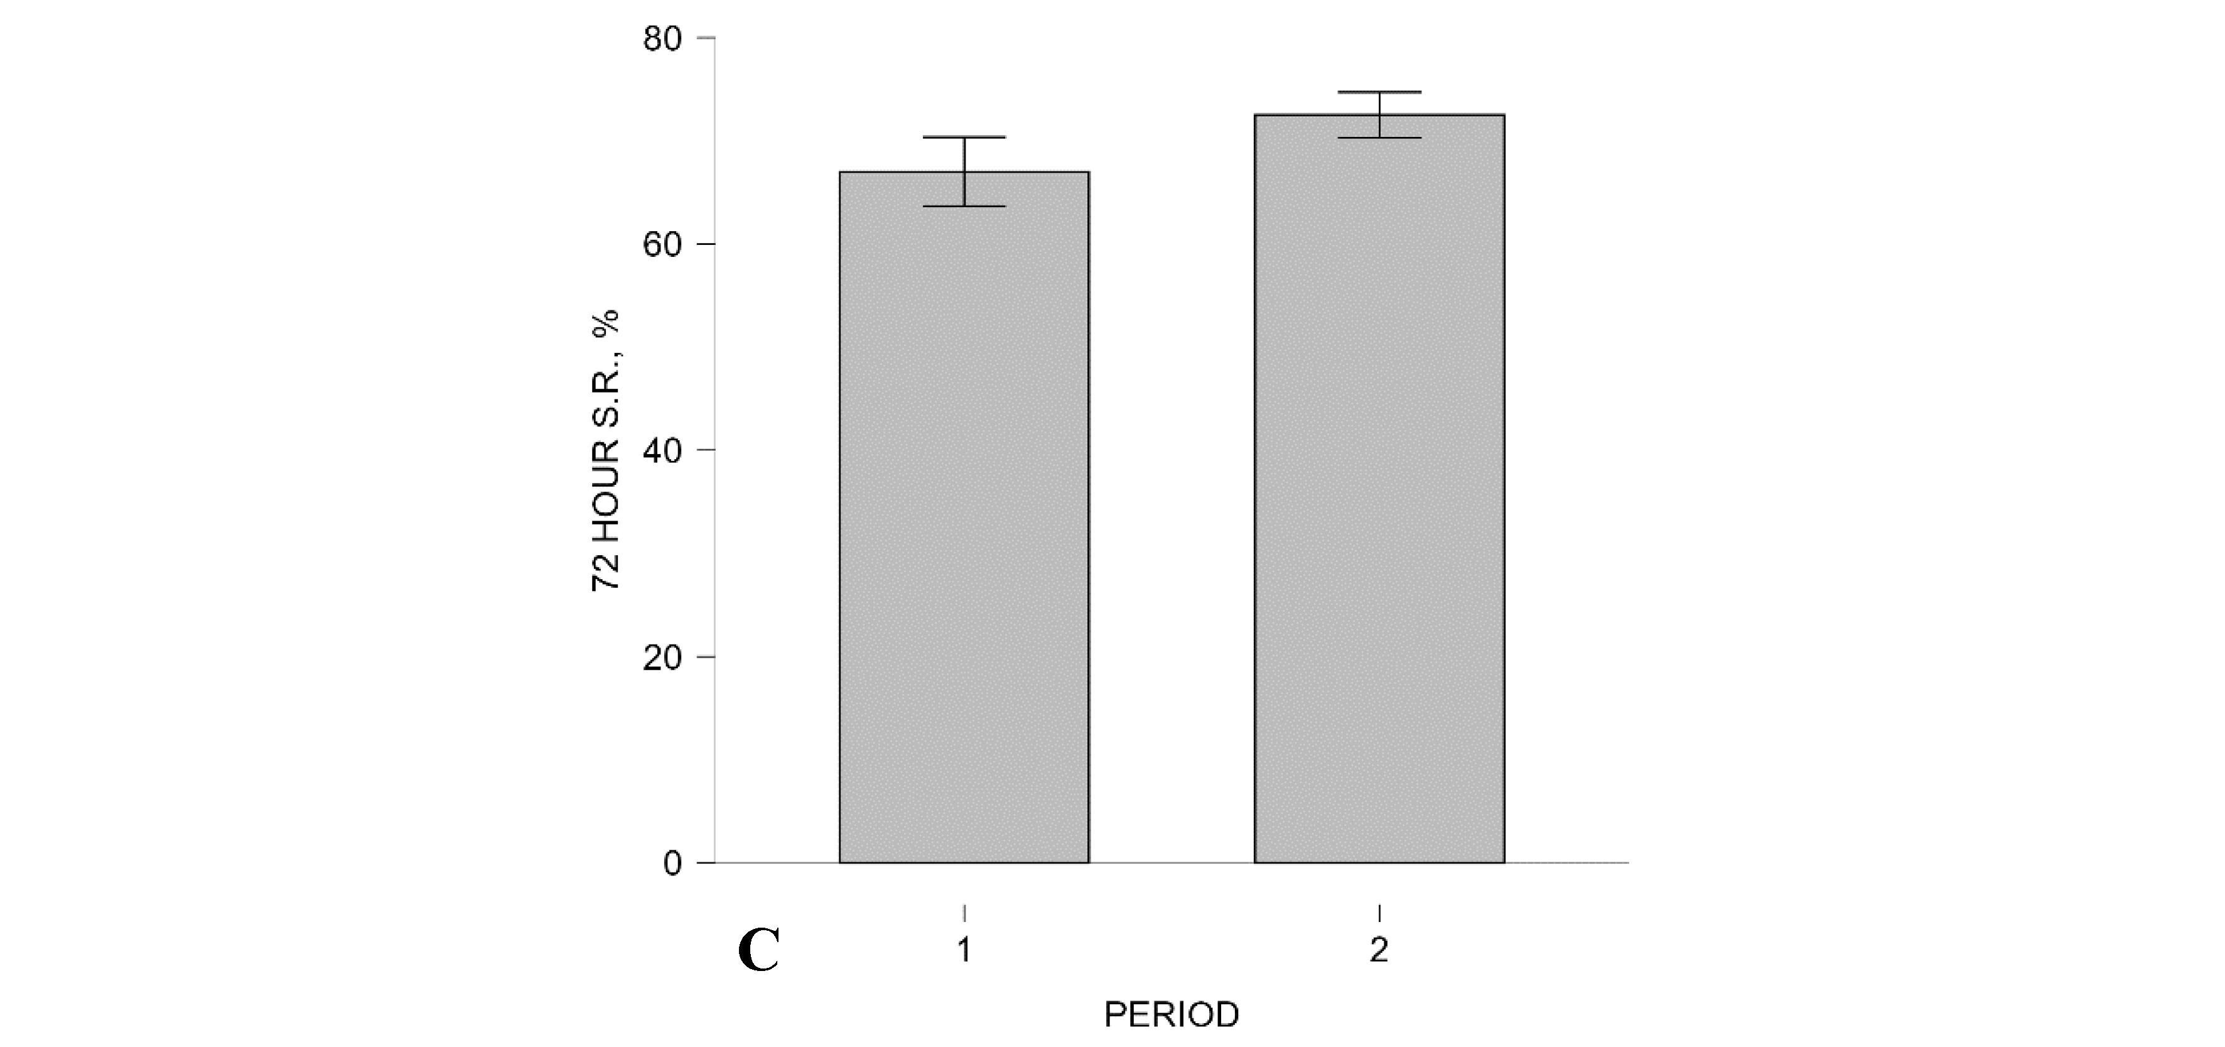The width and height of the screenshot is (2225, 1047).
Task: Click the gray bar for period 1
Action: [x=964, y=518]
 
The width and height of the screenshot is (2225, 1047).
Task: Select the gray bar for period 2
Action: [x=1379, y=492]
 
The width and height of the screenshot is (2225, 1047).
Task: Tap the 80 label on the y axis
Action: [x=662, y=39]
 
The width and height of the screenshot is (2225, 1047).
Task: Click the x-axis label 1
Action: [x=964, y=951]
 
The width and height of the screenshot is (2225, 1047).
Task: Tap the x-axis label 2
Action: [x=1379, y=951]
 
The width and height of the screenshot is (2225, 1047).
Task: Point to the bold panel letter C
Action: [x=759, y=951]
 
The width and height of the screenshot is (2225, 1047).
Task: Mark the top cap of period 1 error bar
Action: [x=964, y=138]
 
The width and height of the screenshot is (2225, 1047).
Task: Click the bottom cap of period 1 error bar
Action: [x=964, y=207]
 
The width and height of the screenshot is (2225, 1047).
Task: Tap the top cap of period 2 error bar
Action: [x=1379, y=92]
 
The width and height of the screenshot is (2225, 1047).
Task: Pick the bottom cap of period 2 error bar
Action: [x=1379, y=138]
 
